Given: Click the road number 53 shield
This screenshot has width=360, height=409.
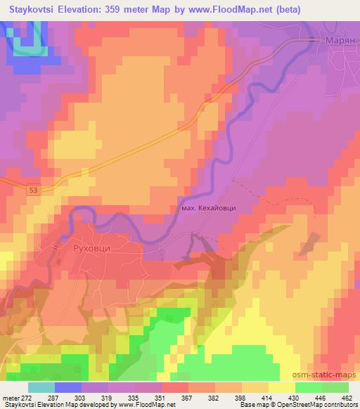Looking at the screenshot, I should (x=34, y=189).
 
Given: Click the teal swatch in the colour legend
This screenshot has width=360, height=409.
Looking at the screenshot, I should (x=42, y=387).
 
